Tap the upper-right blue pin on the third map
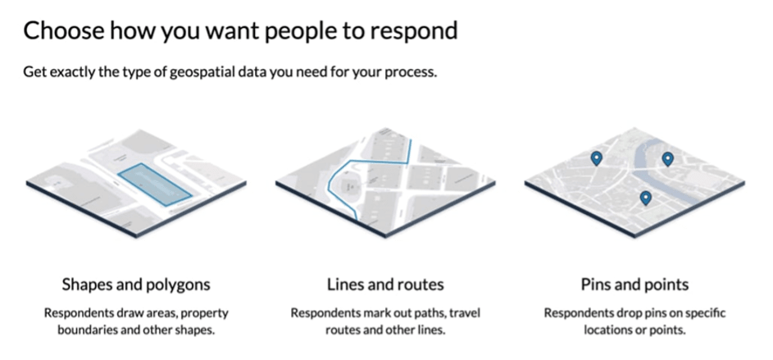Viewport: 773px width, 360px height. [x=667, y=158]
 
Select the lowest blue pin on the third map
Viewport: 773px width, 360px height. [x=645, y=197]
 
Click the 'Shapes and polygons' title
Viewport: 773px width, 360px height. [x=136, y=285]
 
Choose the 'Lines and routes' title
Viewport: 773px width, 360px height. [x=385, y=285]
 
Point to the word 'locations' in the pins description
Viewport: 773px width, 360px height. [x=612, y=330]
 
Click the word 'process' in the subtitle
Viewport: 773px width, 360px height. [x=407, y=71]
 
